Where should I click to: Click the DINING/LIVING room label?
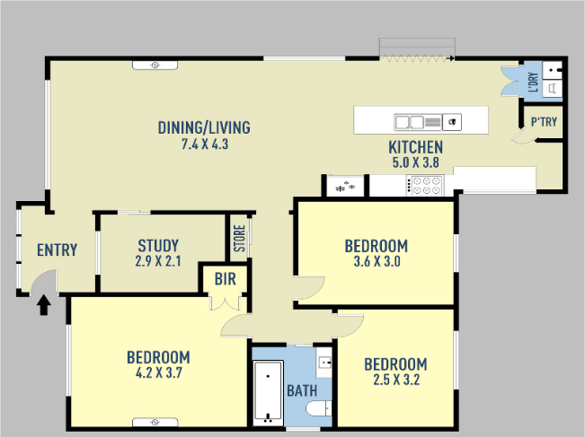(x=204, y=127)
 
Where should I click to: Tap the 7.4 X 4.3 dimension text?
(x=205, y=144)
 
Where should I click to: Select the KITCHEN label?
(x=416, y=147)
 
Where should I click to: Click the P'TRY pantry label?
(x=544, y=121)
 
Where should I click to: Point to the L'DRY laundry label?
(x=534, y=82)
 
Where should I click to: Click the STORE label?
(x=239, y=238)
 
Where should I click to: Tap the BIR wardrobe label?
(x=226, y=279)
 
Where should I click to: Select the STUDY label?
(x=158, y=246)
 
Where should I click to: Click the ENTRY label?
(x=58, y=250)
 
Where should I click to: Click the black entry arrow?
(x=44, y=305)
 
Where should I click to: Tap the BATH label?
(x=302, y=390)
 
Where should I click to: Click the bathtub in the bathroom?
(x=268, y=392)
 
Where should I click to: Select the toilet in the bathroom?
(x=319, y=408)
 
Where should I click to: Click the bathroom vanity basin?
(x=324, y=363)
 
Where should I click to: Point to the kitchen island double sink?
(x=418, y=122)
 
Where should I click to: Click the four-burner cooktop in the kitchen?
(x=425, y=185)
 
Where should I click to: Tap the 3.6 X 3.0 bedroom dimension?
(x=377, y=261)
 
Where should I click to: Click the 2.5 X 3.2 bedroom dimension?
(x=396, y=380)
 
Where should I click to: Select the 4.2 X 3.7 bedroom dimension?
(x=158, y=372)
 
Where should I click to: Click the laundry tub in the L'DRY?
(x=552, y=70)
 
